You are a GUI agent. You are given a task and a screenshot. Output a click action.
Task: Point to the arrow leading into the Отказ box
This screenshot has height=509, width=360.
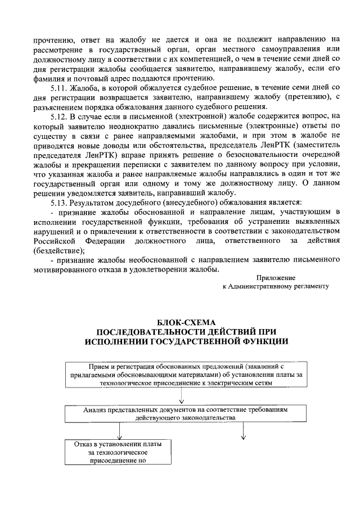pos(119,433)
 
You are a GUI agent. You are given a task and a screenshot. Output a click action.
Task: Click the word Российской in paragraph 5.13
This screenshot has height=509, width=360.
pos(53,240)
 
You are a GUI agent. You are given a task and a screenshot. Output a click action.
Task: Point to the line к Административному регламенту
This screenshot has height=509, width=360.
pos(275,286)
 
